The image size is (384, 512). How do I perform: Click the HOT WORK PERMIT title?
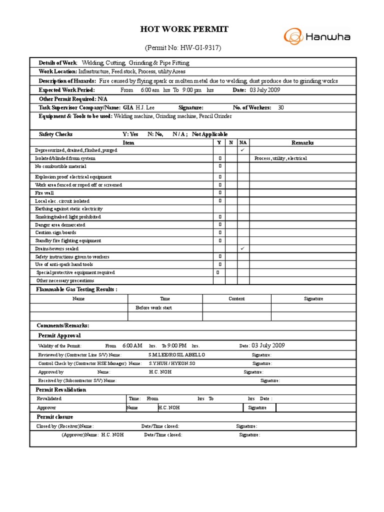184,29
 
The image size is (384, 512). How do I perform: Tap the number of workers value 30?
280,107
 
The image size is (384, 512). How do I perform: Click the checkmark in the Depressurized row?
242,150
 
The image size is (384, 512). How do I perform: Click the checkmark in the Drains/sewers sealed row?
242,248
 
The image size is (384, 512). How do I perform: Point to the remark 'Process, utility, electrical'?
280,158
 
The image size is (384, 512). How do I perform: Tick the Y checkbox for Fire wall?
219,193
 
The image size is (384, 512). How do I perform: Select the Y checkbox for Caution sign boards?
219,232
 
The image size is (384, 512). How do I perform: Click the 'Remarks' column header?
302,142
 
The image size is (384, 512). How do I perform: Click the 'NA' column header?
242,142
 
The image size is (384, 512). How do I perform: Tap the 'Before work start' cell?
153,307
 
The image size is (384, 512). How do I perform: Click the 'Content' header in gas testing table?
236,298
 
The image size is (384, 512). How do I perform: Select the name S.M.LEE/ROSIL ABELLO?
176,354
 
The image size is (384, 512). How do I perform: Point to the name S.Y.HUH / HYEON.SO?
172,363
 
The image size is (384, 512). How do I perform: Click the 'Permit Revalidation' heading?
61,389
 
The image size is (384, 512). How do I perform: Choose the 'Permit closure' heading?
54,417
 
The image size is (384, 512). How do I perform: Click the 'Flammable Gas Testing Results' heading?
76,289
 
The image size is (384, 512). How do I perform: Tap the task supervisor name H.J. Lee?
146,107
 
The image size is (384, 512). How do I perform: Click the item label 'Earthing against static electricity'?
69,209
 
